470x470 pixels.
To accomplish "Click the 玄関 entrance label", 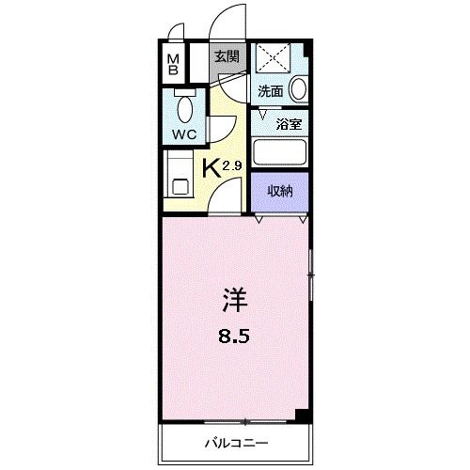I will (226, 56).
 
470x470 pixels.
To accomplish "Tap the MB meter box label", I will (173, 65).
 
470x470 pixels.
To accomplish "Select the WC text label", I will (182, 133).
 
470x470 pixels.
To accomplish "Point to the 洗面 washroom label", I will (271, 91).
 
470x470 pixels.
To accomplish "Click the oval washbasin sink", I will (299, 89).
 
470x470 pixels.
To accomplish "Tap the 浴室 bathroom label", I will (288, 122).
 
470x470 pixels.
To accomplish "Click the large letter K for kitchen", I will (212, 169).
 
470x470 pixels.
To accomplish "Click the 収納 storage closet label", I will (281, 191).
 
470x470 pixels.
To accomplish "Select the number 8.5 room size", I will (236, 336).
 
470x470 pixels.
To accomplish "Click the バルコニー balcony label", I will (236, 441).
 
